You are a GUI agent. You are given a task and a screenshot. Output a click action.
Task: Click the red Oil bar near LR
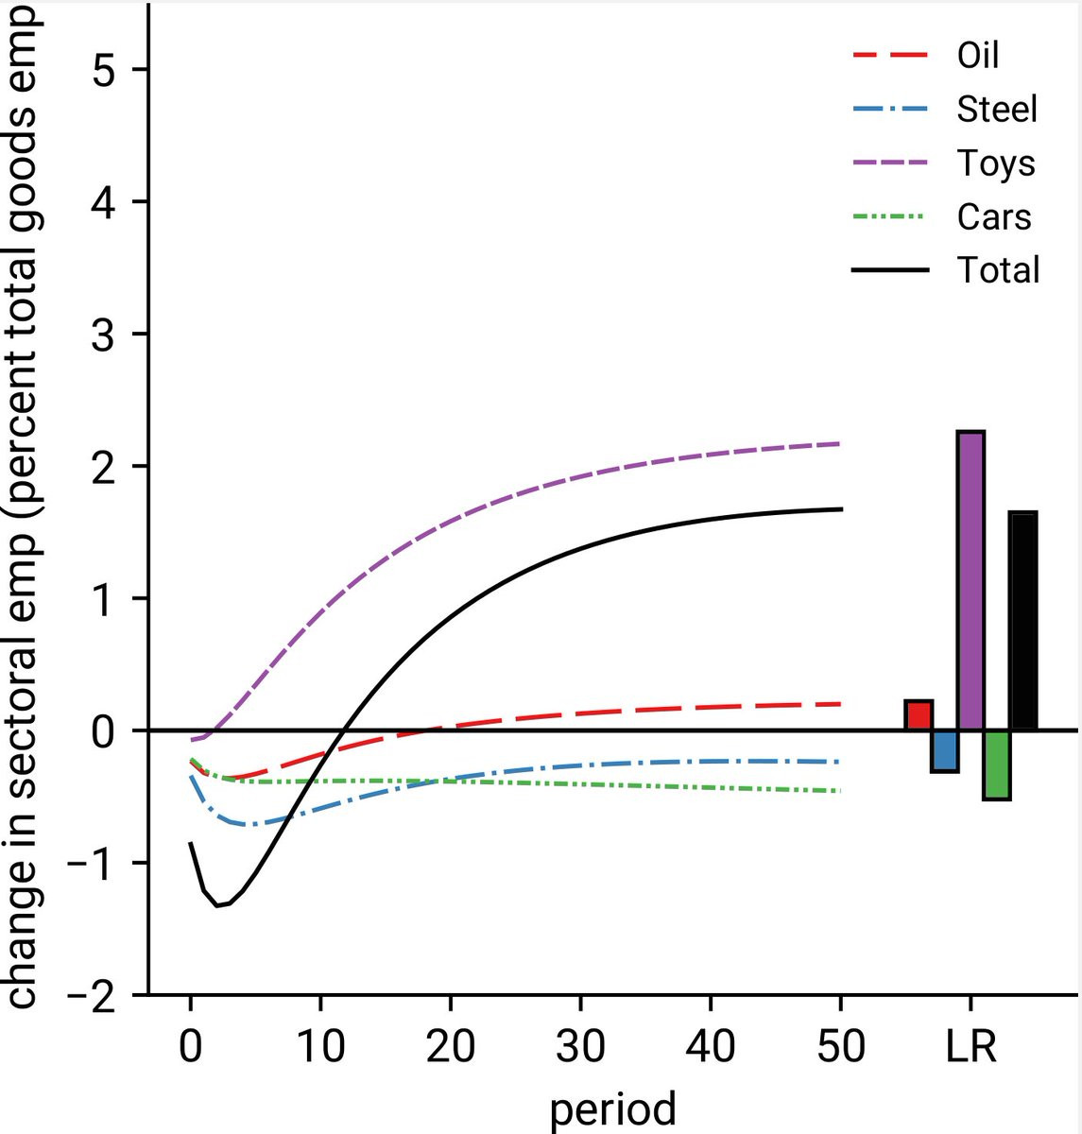(919, 715)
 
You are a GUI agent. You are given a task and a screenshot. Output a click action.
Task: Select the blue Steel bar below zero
(945, 750)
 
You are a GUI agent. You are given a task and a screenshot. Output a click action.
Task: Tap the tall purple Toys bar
(970, 580)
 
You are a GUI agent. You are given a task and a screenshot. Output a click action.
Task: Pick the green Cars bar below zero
(997, 765)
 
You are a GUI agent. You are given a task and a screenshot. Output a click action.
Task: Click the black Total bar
(1023, 621)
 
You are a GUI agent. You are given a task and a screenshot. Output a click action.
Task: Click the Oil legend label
(978, 55)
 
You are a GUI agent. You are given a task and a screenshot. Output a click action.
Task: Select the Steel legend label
(997, 109)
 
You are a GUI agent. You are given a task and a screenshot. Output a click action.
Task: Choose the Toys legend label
(996, 163)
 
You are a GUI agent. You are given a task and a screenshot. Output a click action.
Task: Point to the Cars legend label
(994, 217)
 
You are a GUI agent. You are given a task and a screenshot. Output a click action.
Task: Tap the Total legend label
(998, 271)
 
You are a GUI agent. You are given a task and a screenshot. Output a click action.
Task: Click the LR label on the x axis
(970, 1047)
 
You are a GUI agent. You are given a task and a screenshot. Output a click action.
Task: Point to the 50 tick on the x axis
(840, 1047)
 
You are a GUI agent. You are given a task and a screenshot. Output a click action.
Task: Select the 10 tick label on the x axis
(320, 1047)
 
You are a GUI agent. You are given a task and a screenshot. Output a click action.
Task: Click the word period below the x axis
(612, 1108)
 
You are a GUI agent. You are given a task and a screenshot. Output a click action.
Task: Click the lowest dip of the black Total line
(218, 905)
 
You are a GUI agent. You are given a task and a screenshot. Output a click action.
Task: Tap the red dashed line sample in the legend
(889, 55)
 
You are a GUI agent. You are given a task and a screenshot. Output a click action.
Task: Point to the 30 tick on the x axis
(580, 1047)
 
